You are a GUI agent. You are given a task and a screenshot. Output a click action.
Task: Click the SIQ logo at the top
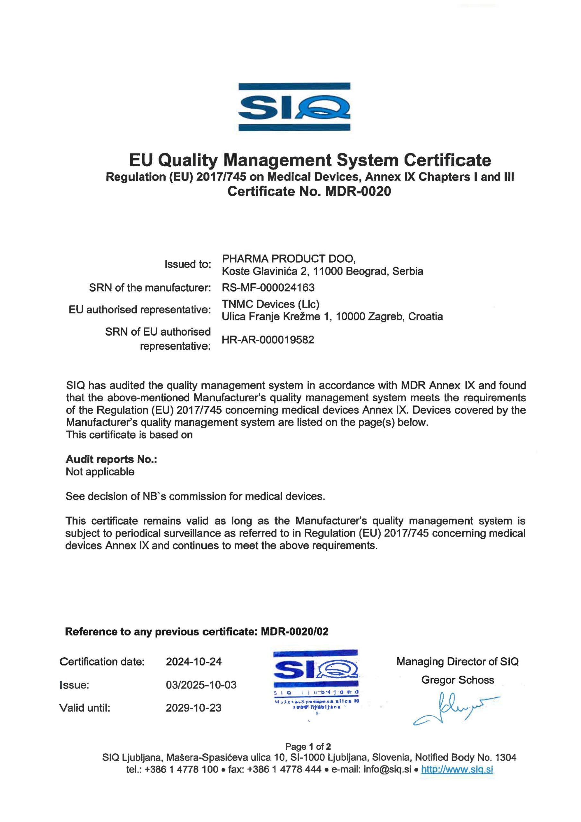pos(294,107)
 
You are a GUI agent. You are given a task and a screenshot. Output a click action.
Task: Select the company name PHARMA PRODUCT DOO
pos(288,258)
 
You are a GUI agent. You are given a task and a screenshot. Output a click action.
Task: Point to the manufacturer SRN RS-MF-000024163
pos(268,287)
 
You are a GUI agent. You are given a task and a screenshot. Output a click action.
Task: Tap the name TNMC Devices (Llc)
pos(270,304)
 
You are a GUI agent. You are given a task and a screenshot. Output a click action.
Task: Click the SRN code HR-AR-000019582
pos(268,339)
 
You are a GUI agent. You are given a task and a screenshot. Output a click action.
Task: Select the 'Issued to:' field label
pos(187,264)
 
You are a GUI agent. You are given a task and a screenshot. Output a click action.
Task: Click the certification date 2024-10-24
pos(194,661)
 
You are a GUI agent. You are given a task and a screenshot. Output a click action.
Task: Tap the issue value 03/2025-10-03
pos(201,685)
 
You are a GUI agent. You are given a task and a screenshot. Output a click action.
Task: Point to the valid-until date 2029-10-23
pos(194,708)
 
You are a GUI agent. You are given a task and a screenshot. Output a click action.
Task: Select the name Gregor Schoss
pos(457,680)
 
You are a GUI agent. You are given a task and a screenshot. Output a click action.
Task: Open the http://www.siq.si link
pos(457,769)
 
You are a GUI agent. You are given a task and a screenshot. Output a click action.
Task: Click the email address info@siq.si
pos(387,769)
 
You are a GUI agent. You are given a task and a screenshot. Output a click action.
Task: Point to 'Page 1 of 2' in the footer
pos(308,747)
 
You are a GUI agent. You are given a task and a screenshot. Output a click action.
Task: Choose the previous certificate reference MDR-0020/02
pos(295,632)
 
